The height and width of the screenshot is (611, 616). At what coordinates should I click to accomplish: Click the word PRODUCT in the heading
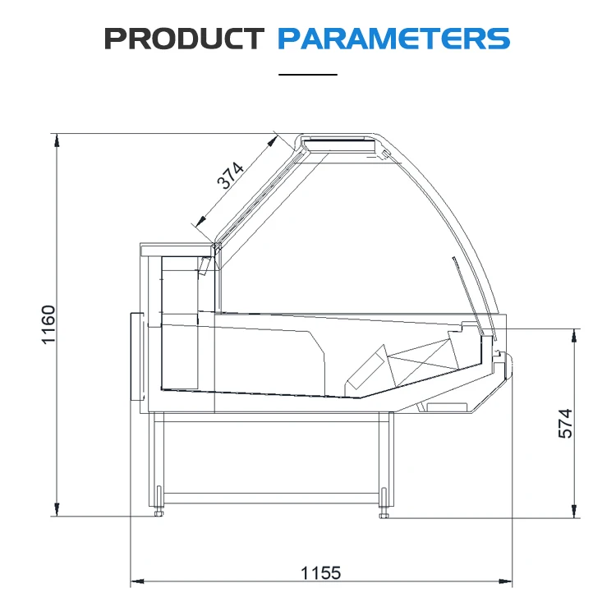(x=184, y=39)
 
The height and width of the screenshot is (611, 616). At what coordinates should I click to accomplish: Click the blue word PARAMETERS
(x=393, y=39)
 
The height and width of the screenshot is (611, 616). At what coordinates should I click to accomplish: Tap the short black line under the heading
(x=308, y=74)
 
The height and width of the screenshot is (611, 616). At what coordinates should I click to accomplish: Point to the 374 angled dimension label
(x=231, y=175)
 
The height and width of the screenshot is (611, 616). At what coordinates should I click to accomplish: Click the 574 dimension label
(x=565, y=424)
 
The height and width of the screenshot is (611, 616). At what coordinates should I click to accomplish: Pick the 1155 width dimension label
(x=320, y=573)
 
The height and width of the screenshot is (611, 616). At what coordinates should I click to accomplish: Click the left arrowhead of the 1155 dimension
(x=137, y=581)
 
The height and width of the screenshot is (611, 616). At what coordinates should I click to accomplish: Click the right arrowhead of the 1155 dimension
(x=506, y=581)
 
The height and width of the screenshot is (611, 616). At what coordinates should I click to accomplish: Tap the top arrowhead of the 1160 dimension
(x=57, y=140)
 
